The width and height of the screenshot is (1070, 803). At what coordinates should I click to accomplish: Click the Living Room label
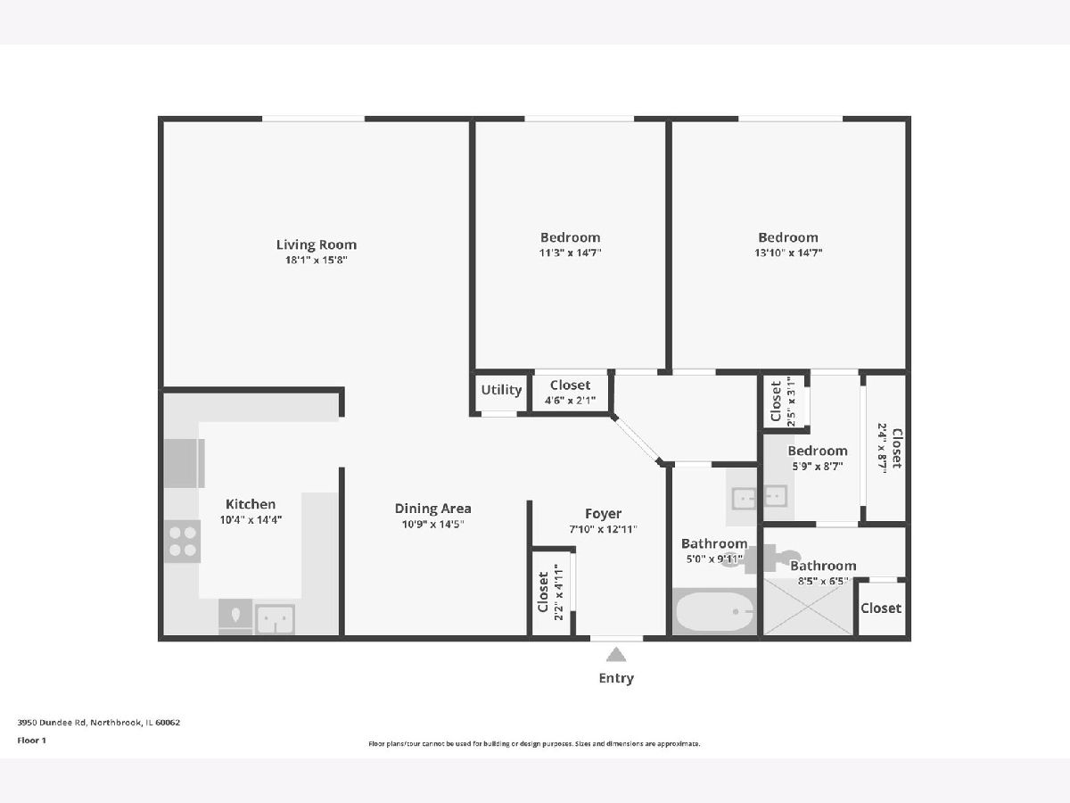(x=317, y=244)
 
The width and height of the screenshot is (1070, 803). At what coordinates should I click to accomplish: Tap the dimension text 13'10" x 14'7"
(x=788, y=252)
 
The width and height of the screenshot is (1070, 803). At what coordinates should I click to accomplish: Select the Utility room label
(x=501, y=390)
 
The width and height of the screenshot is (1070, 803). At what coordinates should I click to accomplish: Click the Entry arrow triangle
(x=616, y=654)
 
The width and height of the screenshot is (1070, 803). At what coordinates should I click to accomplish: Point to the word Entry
(x=616, y=678)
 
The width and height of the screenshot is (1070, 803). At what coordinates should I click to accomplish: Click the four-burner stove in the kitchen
(x=182, y=542)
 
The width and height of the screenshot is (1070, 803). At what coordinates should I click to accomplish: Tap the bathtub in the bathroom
(x=714, y=612)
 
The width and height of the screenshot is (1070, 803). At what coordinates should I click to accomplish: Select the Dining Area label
(x=432, y=509)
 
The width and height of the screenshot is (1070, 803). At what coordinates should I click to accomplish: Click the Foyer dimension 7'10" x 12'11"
(x=603, y=529)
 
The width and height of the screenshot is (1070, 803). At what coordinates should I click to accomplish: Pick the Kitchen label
(x=251, y=504)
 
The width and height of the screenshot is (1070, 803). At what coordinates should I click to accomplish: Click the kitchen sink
(x=276, y=620)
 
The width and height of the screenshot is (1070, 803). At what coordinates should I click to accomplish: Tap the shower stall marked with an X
(x=808, y=607)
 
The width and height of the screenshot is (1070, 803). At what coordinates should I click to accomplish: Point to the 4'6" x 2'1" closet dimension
(x=570, y=401)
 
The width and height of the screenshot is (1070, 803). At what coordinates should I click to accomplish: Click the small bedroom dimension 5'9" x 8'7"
(x=818, y=466)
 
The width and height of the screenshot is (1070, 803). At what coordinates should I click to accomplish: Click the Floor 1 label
(x=32, y=741)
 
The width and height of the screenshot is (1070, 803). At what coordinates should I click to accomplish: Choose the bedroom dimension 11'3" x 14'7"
(x=570, y=252)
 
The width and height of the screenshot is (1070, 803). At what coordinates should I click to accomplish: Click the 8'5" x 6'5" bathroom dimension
(x=823, y=581)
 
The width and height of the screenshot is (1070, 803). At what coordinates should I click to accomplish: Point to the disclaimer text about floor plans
(x=534, y=743)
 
